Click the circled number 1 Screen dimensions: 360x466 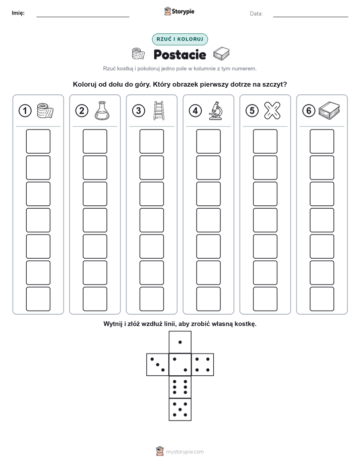click(x=25, y=111)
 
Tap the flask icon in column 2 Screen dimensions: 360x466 click(x=102, y=110)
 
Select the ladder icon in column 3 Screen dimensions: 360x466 click(x=159, y=110)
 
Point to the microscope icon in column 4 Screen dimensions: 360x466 click(x=215, y=110)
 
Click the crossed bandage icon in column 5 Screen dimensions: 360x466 click(x=272, y=110)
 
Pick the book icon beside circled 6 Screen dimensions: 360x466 click(x=329, y=110)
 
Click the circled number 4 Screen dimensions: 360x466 click(x=195, y=111)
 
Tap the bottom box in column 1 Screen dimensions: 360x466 click(x=38, y=299)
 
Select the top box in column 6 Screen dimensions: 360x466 click(x=322, y=141)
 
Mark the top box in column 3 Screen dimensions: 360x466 click(x=151, y=141)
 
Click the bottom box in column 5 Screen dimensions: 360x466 click(x=265, y=299)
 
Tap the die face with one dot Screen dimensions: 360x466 click(x=180, y=342)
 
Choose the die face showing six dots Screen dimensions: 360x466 click(x=180, y=387)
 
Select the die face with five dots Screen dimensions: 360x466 click(x=180, y=409)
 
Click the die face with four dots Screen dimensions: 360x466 click(x=203, y=365)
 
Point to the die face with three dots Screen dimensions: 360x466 click(x=158, y=365)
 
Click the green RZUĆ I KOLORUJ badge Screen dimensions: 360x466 click(x=180, y=39)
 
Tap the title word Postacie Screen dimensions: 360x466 click(x=179, y=54)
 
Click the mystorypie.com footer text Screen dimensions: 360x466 click(x=185, y=452)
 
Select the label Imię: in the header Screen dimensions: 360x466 click(x=18, y=13)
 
